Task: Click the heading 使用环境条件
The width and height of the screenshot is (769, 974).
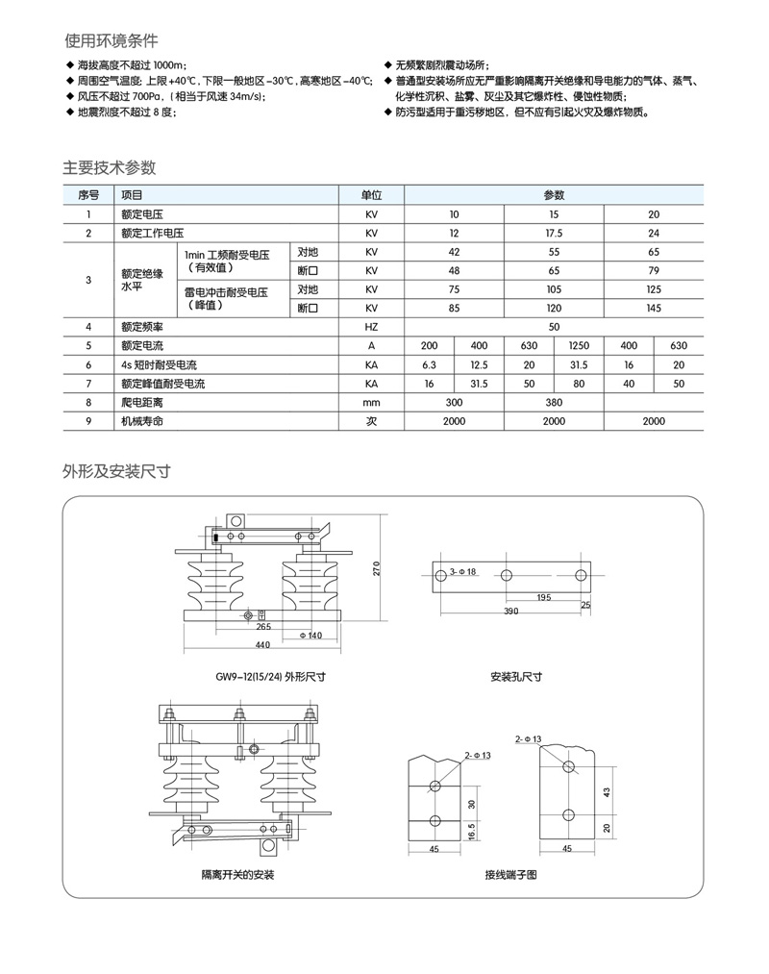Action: (x=111, y=41)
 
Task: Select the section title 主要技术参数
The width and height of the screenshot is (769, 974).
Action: (x=110, y=166)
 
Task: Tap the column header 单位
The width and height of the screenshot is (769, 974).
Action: (x=372, y=194)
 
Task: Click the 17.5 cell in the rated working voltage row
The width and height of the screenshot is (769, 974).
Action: (x=553, y=233)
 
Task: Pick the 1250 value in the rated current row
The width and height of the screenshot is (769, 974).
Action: (x=579, y=345)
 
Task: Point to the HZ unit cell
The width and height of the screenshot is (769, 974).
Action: (x=372, y=327)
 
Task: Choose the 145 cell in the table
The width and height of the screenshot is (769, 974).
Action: (x=654, y=308)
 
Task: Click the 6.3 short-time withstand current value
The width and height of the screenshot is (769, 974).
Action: (x=429, y=364)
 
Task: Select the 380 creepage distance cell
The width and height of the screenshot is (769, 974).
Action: (x=554, y=402)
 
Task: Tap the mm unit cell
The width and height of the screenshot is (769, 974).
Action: (x=372, y=402)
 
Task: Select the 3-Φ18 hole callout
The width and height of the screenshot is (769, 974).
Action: (x=464, y=574)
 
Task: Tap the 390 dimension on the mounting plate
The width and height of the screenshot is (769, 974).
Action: (x=510, y=612)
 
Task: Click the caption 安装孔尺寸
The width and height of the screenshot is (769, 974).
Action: (x=516, y=676)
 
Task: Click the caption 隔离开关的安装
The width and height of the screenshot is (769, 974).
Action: (x=237, y=876)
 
